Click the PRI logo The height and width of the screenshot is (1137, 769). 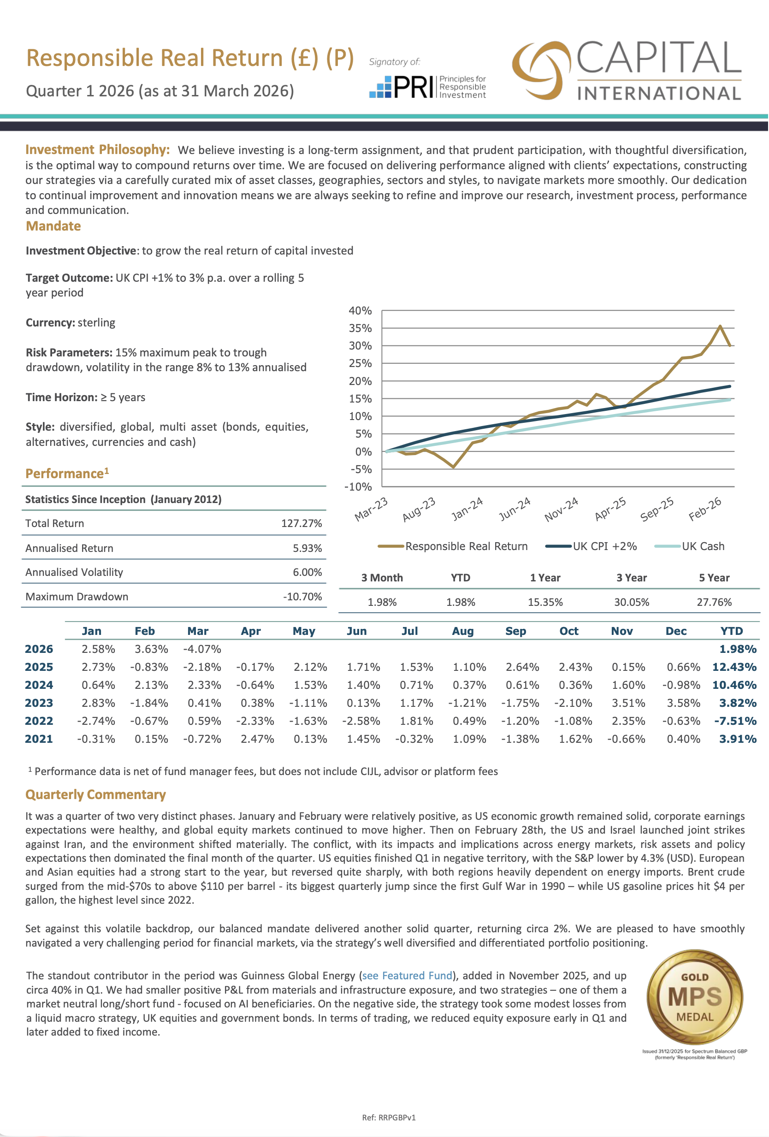(x=427, y=87)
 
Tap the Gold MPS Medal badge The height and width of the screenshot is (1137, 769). (x=695, y=997)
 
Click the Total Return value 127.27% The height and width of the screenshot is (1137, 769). (x=302, y=523)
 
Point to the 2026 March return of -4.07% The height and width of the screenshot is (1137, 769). (x=202, y=649)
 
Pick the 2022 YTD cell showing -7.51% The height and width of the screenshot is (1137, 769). (x=735, y=721)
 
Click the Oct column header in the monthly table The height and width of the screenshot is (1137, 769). (x=569, y=631)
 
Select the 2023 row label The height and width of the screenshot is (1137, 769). (x=39, y=703)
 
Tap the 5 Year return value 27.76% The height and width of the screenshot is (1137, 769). (x=714, y=602)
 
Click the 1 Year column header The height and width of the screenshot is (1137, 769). (x=545, y=578)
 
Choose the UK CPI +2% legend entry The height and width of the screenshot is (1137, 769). (x=592, y=546)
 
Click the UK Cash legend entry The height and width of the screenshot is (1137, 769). (x=690, y=546)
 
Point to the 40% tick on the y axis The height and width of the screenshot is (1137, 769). (x=361, y=311)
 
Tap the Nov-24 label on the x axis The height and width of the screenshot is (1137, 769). (x=561, y=509)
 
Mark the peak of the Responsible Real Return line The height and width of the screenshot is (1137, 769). (x=720, y=326)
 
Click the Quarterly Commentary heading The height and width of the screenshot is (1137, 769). (x=96, y=794)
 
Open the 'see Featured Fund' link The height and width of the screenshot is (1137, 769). (x=407, y=976)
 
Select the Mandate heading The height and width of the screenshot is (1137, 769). (x=53, y=226)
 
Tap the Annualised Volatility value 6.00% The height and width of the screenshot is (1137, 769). (x=307, y=572)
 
